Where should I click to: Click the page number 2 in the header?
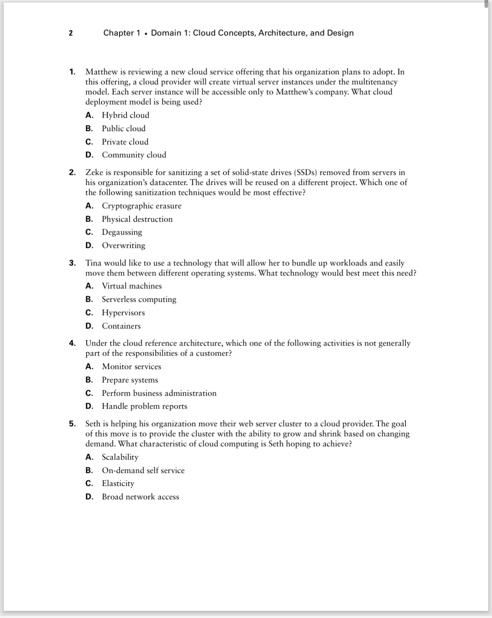pos(71,33)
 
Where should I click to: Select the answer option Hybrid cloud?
pos(125,115)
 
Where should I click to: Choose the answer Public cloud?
pos(124,129)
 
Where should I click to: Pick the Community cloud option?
pos(134,155)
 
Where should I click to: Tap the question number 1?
pos(72,72)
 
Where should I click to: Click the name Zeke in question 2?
pos(93,172)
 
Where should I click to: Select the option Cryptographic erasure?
pos(141,206)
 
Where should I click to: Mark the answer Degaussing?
pos(122,232)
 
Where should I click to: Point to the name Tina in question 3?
pos(93,263)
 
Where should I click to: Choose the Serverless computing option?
pos(139,299)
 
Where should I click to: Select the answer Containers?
pos(121,326)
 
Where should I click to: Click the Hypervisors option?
pos(123,313)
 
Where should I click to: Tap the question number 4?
pos(72,343)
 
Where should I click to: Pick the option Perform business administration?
pos(159,393)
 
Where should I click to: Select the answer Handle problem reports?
pos(144,406)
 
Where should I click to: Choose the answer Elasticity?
pos(118,483)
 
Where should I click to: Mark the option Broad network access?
pos(140,497)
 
